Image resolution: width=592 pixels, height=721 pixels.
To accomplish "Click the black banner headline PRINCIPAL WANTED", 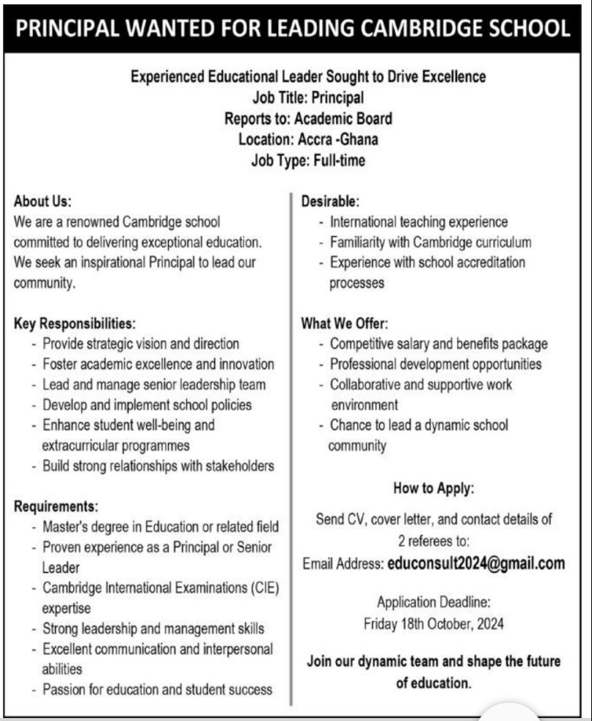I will coord(293,29).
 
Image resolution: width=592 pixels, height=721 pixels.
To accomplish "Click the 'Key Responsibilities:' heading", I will coord(75,323).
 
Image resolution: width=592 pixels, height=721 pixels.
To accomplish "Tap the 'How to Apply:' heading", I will coord(434,488).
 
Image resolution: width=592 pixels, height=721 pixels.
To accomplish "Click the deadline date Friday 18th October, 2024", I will coord(434,625).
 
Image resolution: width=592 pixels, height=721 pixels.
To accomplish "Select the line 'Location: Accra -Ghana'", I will coord(308,139).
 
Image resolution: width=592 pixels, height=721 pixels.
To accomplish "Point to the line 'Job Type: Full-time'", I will coord(308,160).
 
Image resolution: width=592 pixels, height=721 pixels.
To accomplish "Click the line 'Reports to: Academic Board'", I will coord(308,119).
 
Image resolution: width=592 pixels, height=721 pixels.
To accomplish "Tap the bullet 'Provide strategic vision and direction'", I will coord(141,343).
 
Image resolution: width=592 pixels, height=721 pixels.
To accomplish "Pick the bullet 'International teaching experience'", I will coord(419,222).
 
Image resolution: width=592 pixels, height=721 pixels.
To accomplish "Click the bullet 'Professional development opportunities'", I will coord(436,364).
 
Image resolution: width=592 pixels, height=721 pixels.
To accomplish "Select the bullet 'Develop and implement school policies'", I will coord(147,405).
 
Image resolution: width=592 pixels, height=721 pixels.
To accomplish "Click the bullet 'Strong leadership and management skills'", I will coord(153,629).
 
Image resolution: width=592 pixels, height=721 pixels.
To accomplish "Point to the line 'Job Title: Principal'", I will coord(308,98).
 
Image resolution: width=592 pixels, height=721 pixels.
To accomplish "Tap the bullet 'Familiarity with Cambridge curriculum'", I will coord(431,242).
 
